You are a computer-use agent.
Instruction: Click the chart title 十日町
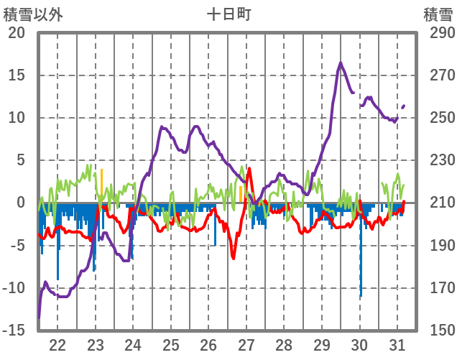coord(228,14)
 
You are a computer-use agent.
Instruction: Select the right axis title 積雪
coord(437,14)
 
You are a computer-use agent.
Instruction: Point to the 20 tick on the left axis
coord(17,33)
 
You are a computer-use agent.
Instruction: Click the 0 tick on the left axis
coord(21,203)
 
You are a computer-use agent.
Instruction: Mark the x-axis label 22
coord(57,344)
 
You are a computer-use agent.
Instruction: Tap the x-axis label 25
coord(171,344)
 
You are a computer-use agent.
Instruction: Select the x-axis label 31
coord(397,344)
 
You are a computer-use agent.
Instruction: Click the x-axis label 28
coord(284,344)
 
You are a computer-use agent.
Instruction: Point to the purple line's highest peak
coord(341,63)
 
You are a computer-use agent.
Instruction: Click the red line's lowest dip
coord(234,257)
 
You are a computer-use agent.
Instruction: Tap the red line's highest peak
coord(249,169)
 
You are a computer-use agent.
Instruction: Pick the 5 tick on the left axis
coord(21,160)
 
